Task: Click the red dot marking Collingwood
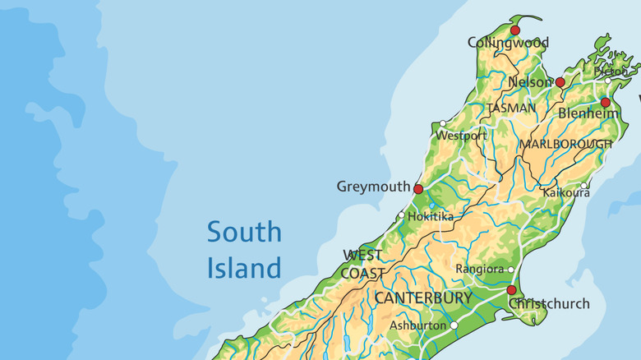click(x=515, y=30)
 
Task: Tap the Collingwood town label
click(x=508, y=43)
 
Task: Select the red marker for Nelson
click(x=560, y=82)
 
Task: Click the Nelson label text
click(x=530, y=83)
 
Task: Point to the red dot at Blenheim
click(x=605, y=103)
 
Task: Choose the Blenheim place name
click(x=588, y=114)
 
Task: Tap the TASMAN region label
click(x=511, y=108)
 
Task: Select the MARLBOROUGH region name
click(x=565, y=144)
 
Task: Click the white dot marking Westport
click(x=443, y=123)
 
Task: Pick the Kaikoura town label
click(x=566, y=193)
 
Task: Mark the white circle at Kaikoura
click(x=584, y=186)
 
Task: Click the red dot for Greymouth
click(x=418, y=189)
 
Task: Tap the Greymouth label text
click(x=372, y=187)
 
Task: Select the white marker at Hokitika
click(x=401, y=215)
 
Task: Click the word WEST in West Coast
click(x=362, y=255)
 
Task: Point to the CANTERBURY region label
click(x=423, y=298)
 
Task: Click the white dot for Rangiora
click(x=510, y=270)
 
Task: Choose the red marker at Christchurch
click(x=511, y=290)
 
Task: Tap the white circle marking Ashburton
click(x=454, y=325)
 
